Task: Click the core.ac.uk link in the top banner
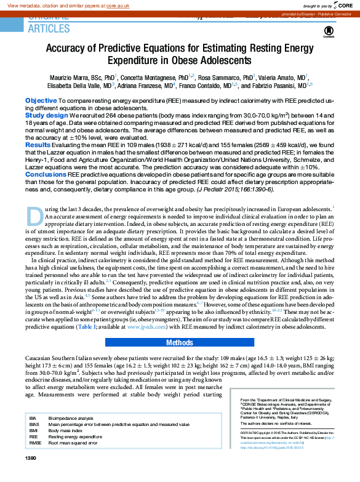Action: coord(121,5)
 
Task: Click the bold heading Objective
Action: coord(41,100)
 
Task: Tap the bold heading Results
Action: coord(38,145)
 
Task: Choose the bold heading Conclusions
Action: coord(46,174)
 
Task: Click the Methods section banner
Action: coord(180,342)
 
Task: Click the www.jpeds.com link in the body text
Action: coord(146,327)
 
